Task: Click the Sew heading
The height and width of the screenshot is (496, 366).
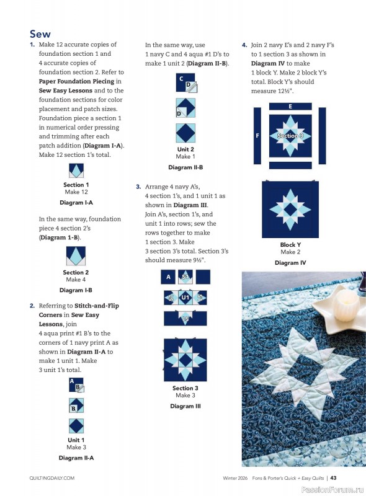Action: [x=40, y=33]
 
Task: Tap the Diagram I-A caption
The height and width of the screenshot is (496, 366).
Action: [x=76, y=203]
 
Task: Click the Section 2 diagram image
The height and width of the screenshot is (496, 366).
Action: [x=76, y=256]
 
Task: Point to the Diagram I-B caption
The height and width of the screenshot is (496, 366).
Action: [x=76, y=290]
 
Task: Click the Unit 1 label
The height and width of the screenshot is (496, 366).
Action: [x=76, y=440]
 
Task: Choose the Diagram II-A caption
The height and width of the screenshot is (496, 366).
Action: [x=76, y=458]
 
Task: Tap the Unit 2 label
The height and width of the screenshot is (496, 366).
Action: [x=185, y=149]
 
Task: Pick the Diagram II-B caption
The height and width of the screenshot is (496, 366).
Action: [x=185, y=167]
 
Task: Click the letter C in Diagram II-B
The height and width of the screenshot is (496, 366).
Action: [x=181, y=79]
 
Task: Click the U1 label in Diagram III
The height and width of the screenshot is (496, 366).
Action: [x=185, y=298]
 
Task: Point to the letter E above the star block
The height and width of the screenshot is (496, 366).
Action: [x=290, y=106]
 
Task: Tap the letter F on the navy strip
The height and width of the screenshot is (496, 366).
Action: [x=257, y=135]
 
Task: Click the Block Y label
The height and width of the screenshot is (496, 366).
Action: [x=290, y=245]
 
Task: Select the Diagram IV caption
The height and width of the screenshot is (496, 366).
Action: [x=290, y=263]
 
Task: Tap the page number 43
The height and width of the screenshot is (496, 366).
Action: [x=333, y=478]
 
